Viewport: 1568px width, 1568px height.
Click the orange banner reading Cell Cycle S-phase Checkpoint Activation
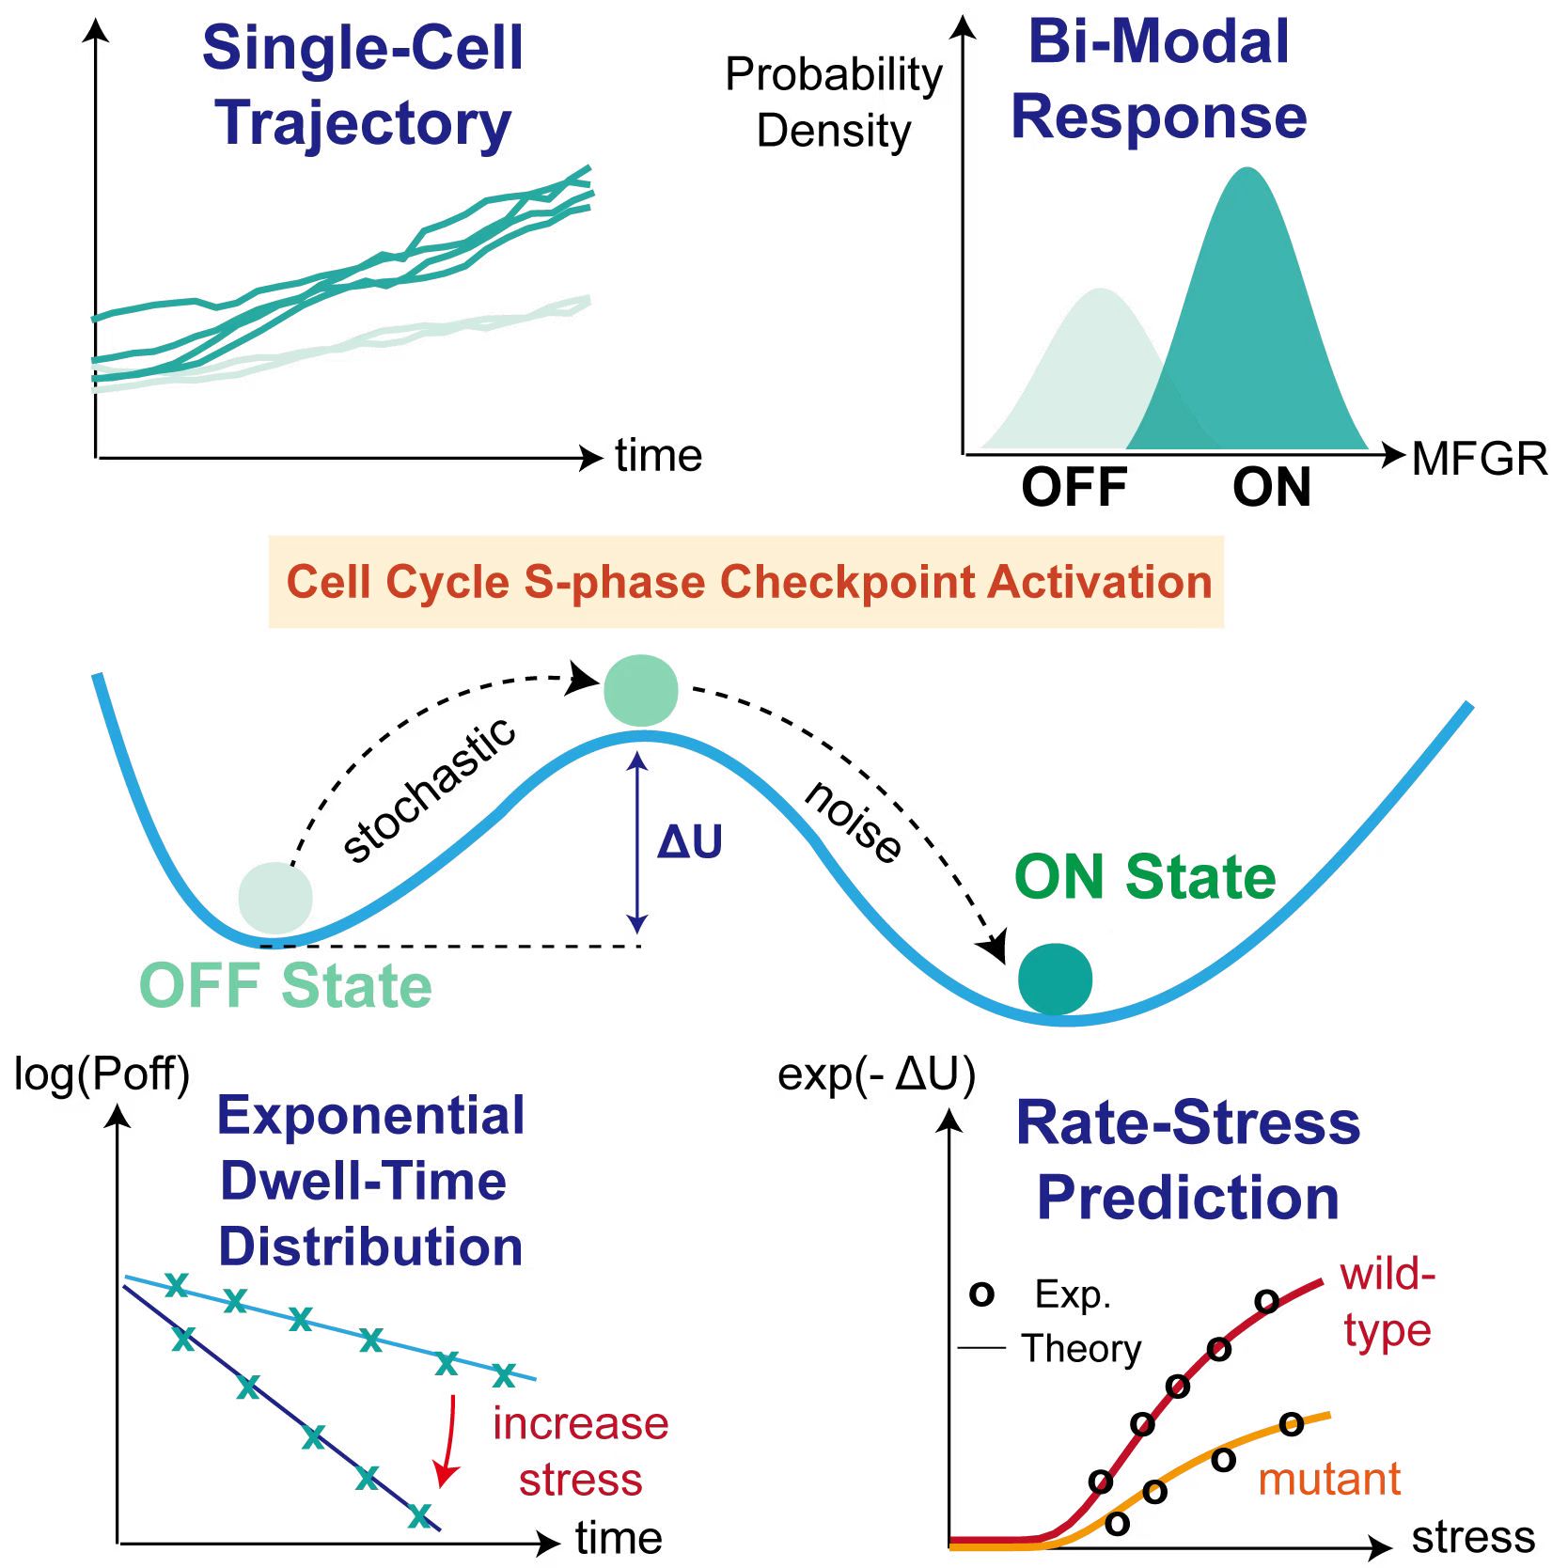point(746,582)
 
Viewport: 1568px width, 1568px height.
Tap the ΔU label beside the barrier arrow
point(690,841)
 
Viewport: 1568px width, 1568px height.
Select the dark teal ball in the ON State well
point(1055,979)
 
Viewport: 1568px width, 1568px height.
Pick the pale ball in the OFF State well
point(275,898)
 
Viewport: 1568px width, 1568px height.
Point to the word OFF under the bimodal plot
point(1074,487)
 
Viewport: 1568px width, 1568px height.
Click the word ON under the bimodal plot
point(1271,487)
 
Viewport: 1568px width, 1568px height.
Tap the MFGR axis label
point(1480,459)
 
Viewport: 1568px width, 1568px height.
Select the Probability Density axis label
point(834,102)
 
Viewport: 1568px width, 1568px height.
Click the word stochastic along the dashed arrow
point(429,790)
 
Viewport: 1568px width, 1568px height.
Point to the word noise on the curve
point(854,821)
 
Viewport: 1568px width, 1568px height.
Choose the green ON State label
point(1145,877)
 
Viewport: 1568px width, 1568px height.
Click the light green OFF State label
point(286,986)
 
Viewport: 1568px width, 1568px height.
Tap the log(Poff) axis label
point(102,1074)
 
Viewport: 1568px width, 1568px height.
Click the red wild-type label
point(1388,1303)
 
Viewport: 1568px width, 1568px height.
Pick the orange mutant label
point(1329,1479)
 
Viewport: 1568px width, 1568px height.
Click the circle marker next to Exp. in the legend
point(981,1294)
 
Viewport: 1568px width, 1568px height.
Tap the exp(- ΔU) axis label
point(876,1074)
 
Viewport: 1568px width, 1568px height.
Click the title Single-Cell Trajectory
point(363,86)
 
